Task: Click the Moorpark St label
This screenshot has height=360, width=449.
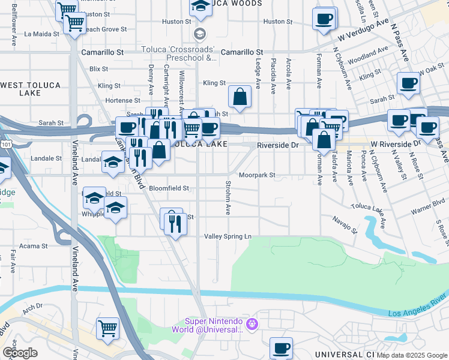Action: point(256,176)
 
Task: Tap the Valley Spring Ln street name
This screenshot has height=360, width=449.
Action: point(228,236)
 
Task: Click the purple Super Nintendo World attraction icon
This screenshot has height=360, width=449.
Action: point(252,324)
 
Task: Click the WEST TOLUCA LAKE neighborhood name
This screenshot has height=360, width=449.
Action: point(21,89)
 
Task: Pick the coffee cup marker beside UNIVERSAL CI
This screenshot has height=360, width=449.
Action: point(280,347)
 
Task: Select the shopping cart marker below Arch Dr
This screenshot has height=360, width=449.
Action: point(108,328)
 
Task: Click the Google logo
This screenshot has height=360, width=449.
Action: point(20,353)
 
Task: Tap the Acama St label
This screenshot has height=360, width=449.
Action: point(34,246)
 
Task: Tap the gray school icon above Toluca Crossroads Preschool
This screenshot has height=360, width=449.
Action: point(199,33)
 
